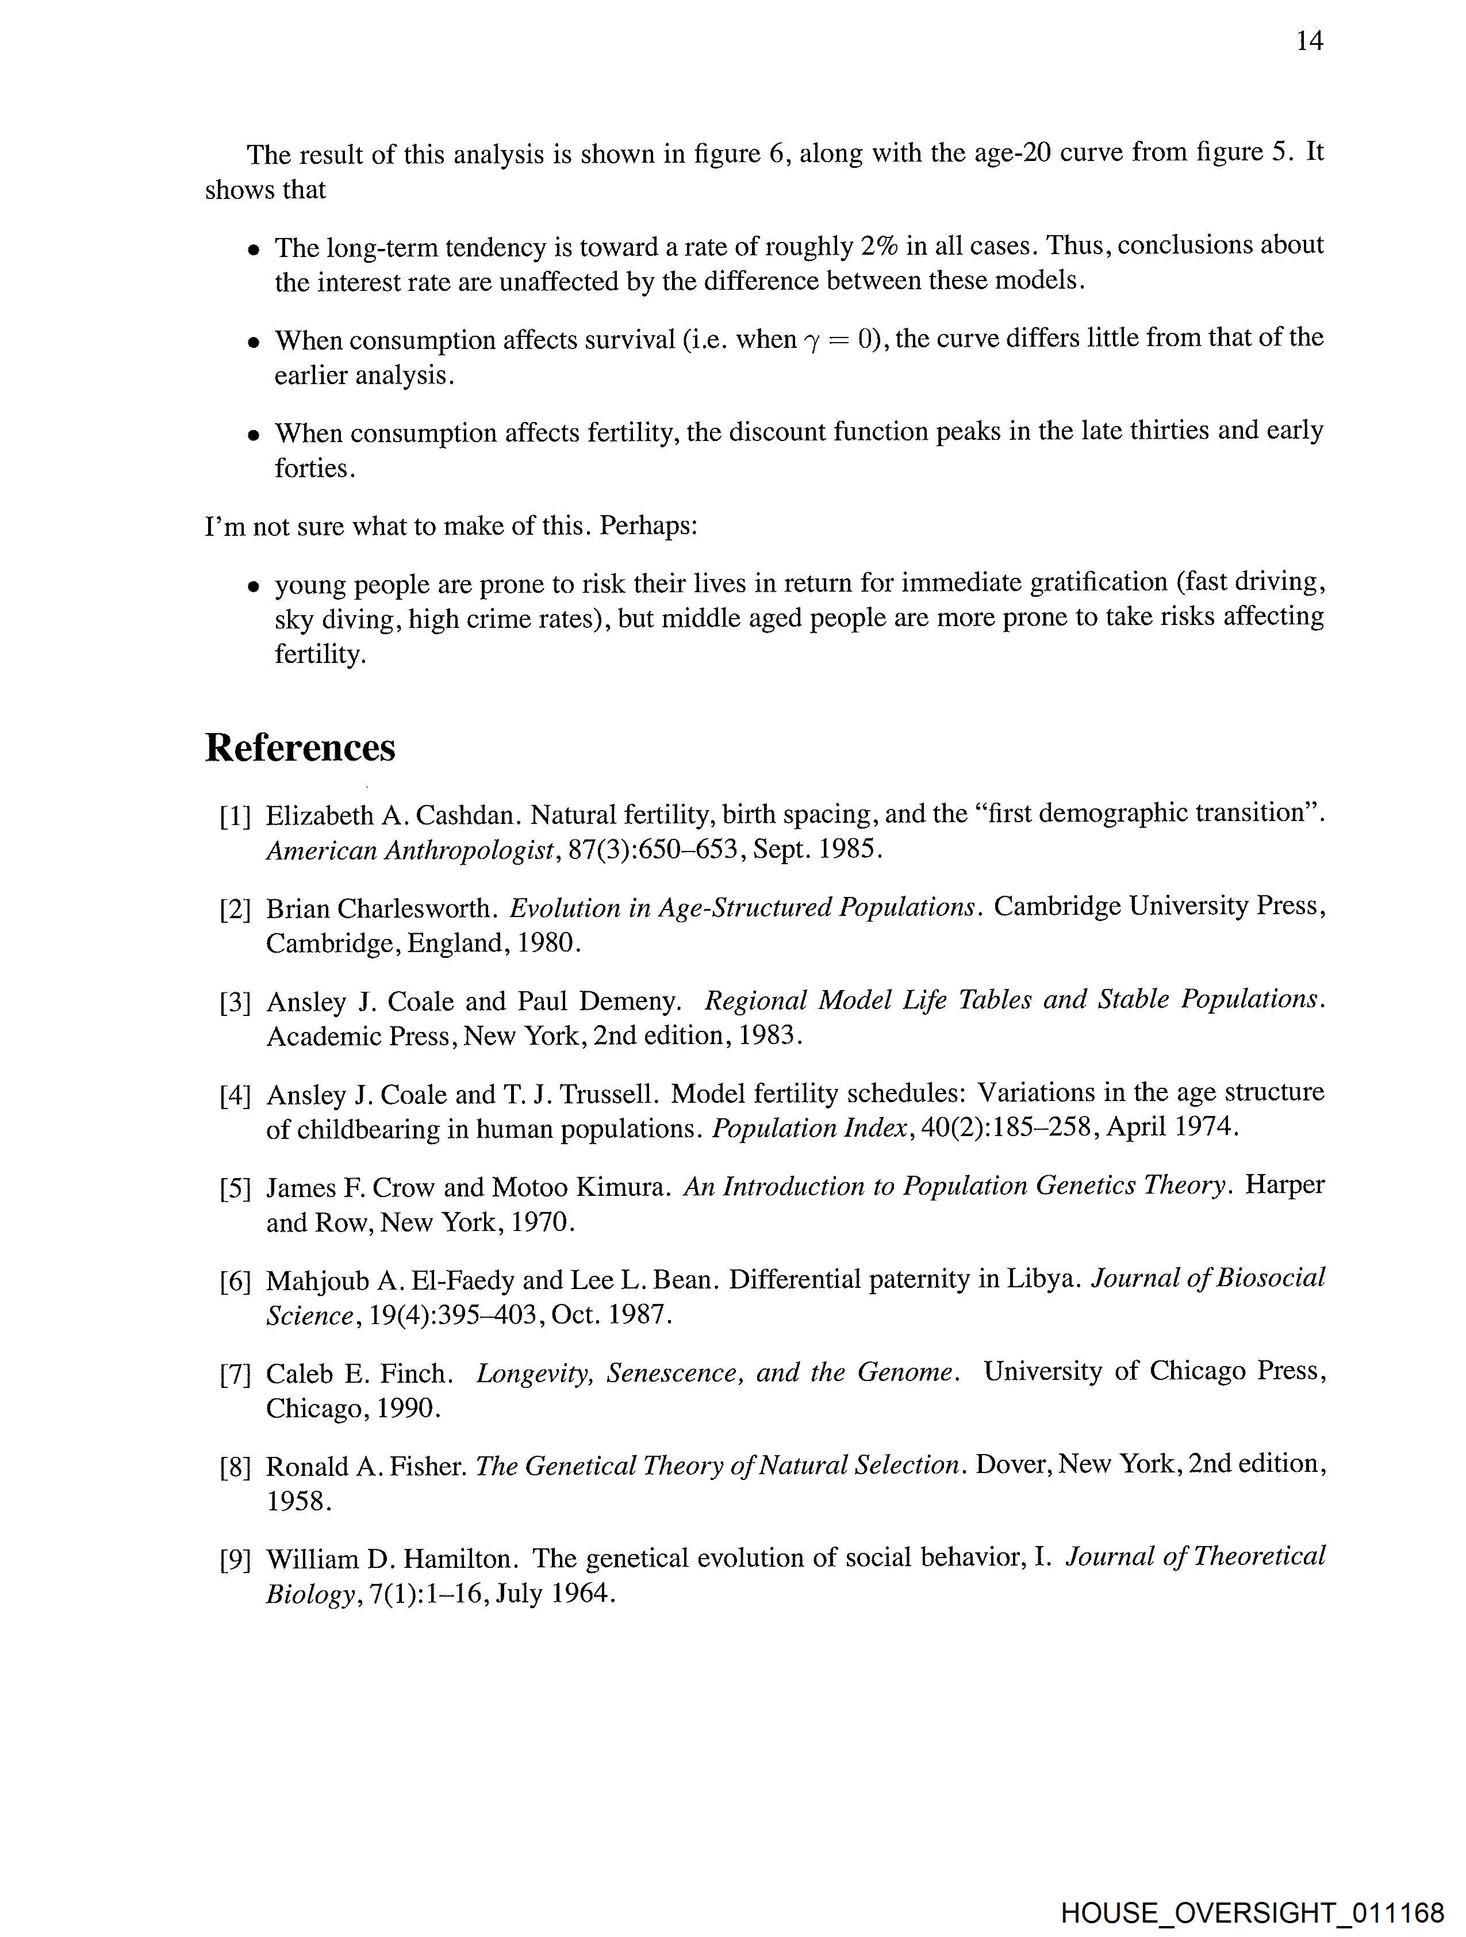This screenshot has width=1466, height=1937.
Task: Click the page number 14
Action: (1308, 41)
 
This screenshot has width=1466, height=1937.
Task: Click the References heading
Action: (300, 748)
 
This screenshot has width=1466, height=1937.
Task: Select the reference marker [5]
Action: (235, 1189)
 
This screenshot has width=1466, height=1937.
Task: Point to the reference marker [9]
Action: (235, 1560)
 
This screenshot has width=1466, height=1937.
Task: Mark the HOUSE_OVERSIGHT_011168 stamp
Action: (1252, 1912)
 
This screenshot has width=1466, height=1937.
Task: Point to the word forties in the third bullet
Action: (313, 469)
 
